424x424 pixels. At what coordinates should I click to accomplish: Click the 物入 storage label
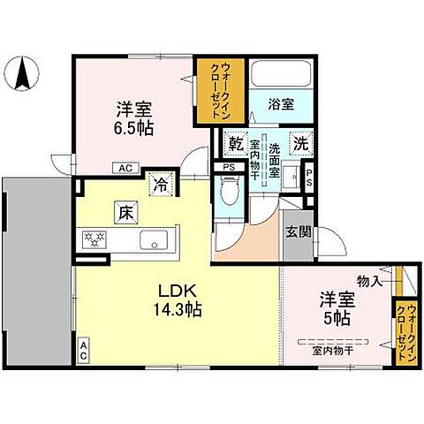click(370, 281)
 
